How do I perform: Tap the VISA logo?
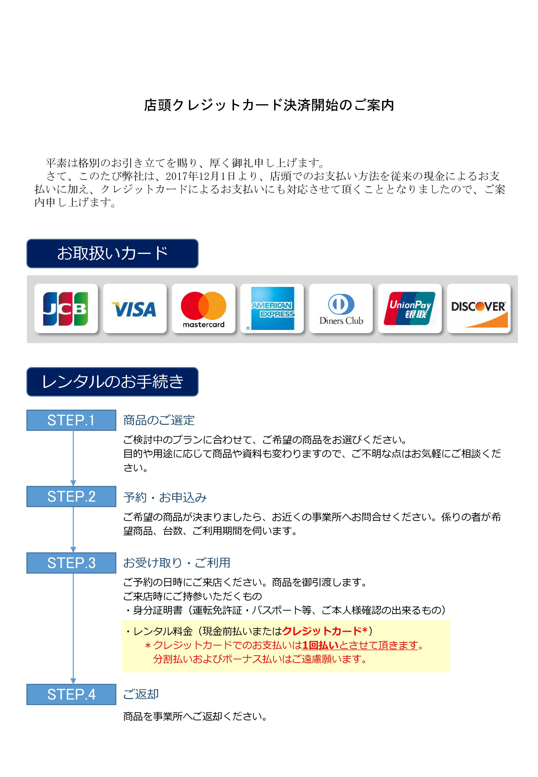click(134, 309)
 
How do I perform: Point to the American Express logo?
click(272, 308)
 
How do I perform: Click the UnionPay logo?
click(410, 308)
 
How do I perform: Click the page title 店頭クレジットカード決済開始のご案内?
click(269, 105)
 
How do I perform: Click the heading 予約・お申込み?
click(165, 497)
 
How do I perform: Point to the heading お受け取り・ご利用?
click(177, 563)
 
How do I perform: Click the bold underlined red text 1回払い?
click(321, 645)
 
